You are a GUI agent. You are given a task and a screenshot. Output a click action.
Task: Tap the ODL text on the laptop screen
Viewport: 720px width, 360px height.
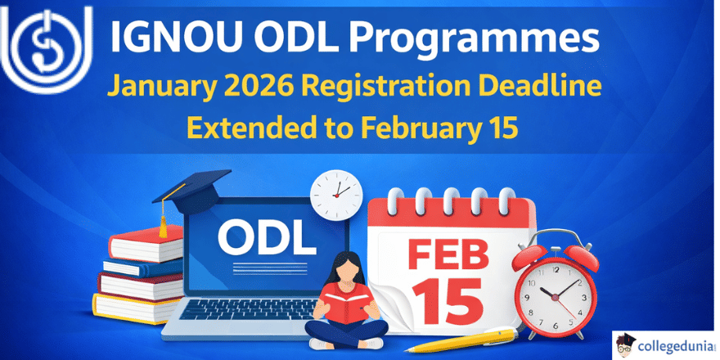[267, 238]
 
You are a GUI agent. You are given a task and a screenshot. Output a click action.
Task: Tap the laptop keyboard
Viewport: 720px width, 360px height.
[245, 310]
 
